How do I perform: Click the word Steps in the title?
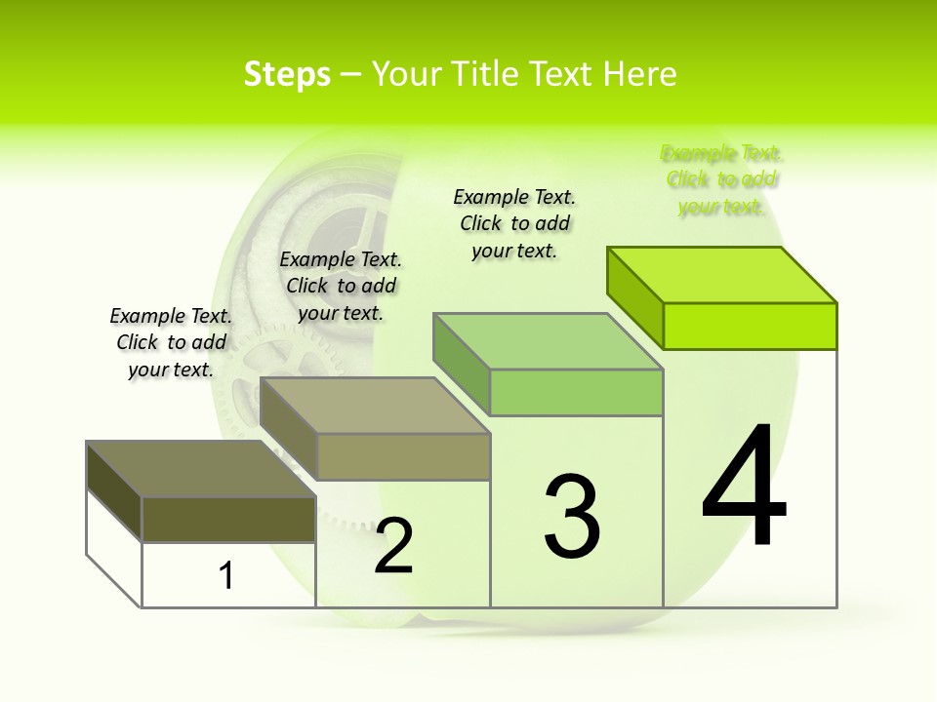pos(287,74)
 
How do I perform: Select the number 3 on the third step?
pos(571,517)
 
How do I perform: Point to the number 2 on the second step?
pos(394,546)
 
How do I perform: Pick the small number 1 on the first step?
pos(226,576)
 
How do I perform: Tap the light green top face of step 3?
pos(549,341)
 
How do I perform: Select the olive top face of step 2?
pos(375,406)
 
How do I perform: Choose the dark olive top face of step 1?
pos(201,469)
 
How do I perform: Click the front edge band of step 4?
pos(750,326)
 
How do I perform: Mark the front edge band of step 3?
pos(576,392)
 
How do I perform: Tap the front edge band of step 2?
pos(403,456)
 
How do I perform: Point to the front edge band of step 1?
pos(228,519)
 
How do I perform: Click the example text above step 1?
pos(171,342)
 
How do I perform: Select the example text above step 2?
pos(341,286)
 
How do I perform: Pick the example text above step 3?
pos(514,223)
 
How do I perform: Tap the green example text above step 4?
pos(721,179)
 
